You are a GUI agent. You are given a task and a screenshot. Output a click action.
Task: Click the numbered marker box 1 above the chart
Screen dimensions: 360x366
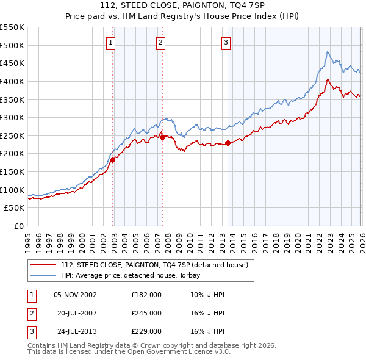click(x=110, y=42)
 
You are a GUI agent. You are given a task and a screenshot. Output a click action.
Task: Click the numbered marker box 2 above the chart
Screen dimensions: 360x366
click(x=160, y=42)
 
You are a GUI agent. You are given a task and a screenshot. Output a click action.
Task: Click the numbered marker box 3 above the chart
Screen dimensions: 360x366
click(x=226, y=42)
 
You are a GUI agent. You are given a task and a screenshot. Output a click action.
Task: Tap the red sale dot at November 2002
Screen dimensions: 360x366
click(x=113, y=160)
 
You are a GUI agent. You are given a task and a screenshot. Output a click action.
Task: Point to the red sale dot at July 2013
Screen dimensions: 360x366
click(x=228, y=143)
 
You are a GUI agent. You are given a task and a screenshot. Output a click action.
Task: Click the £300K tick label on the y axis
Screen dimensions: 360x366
click(x=12, y=117)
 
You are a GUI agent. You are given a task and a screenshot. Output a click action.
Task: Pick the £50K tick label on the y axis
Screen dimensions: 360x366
click(x=14, y=208)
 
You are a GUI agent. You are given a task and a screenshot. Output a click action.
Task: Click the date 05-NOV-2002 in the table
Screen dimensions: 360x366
click(x=75, y=295)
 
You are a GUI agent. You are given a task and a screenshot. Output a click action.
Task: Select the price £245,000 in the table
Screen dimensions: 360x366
click(x=146, y=313)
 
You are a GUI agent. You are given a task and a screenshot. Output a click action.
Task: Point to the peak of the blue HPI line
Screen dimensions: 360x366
click(x=328, y=52)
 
